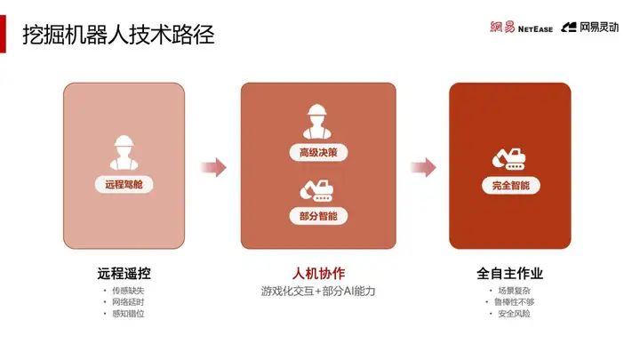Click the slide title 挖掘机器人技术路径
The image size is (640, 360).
point(118,35)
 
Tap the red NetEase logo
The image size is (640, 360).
point(521,28)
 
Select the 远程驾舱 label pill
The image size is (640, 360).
point(124,184)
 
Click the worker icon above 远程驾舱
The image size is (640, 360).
point(124,152)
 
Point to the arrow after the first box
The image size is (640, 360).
point(213,166)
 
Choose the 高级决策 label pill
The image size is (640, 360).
point(317,152)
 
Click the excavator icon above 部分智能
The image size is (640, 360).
point(316,188)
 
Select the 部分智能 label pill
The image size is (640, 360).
point(317,216)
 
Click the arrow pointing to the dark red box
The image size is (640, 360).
point(423,166)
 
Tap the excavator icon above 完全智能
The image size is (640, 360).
point(509,157)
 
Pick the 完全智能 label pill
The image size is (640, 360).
point(509,186)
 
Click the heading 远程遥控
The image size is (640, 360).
point(124,273)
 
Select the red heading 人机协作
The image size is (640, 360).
point(317,273)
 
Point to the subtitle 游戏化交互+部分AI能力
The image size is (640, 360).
point(317,292)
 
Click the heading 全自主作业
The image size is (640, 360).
point(509,273)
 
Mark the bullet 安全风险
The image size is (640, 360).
point(509,314)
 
